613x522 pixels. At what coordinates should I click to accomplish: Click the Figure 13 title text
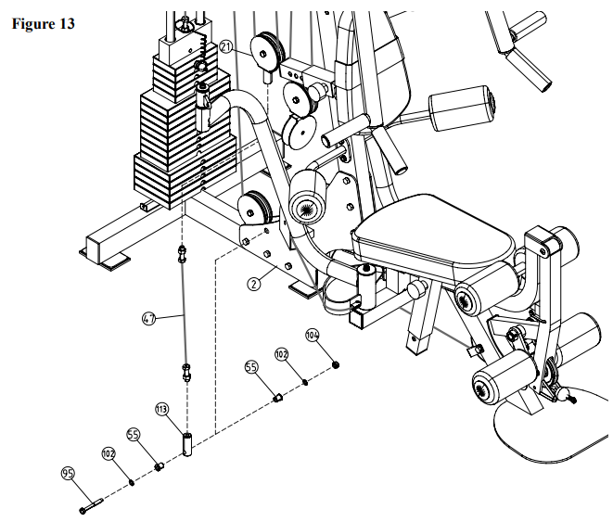point(43,23)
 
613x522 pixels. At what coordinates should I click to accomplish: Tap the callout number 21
point(226,47)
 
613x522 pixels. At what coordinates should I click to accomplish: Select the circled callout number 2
point(254,284)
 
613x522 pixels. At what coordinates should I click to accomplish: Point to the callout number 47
point(148,319)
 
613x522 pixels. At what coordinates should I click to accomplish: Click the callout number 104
point(312,336)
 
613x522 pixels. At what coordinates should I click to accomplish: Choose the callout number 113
point(161,409)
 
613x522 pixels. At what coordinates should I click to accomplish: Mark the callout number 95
point(68,474)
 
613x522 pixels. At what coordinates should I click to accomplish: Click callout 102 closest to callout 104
point(282,354)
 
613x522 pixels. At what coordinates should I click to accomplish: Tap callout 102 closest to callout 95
point(109,453)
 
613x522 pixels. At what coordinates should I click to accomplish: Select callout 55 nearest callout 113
point(133,435)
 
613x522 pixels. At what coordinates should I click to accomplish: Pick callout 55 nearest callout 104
point(251,367)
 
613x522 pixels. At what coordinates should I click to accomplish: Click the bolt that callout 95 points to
point(91,505)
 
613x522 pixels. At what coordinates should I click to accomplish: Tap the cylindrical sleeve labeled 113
point(187,443)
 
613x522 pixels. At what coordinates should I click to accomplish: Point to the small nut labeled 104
point(335,365)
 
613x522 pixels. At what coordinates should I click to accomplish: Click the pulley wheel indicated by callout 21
point(267,50)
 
